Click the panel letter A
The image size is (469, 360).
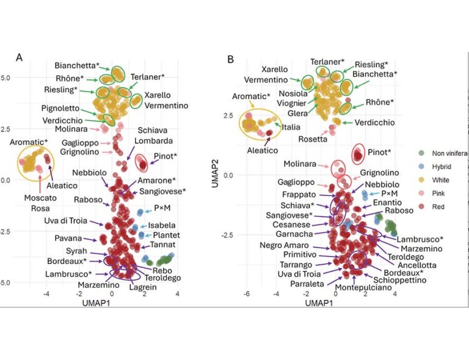(x=19, y=57)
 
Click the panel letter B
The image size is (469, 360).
(x=230, y=59)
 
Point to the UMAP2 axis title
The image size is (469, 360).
(x=215, y=174)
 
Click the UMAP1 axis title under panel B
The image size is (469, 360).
(x=319, y=303)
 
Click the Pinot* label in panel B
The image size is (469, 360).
(x=379, y=152)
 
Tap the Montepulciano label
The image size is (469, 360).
(x=363, y=288)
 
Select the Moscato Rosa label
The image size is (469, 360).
(x=40, y=203)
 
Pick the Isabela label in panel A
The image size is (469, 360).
(x=162, y=226)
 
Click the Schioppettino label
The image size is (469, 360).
(x=399, y=281)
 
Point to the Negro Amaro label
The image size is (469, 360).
(x=284, y=245)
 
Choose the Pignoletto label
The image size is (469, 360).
(x=60, y=108)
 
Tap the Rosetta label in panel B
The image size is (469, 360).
(x=313, y=139)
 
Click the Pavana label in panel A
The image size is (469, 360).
(x=68, y=238)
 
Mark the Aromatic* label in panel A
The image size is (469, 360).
(x=29, y=142)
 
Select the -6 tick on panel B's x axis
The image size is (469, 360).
(x=247, y=294)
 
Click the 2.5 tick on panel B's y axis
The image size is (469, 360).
(x=228, y=116)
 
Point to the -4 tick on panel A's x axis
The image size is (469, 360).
(x=46, y=294)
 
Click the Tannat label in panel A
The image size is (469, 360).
(x=162, y=245)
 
